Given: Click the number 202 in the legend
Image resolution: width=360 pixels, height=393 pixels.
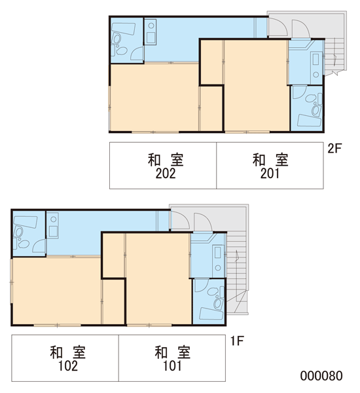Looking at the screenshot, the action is click(166, 174).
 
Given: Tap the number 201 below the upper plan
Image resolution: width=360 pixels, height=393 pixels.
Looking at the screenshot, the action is click(270, 174).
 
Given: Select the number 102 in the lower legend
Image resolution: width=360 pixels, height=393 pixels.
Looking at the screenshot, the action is click(68, 366).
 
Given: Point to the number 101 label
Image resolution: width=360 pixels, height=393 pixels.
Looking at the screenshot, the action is click(172, 366).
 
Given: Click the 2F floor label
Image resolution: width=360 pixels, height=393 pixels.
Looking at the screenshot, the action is click(334, 149).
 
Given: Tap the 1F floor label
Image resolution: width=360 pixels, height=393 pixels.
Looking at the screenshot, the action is click(237, 341).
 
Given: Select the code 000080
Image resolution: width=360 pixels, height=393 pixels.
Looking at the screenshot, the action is click(321, 376).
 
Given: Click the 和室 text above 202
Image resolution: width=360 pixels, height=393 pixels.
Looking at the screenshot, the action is click(166, 160).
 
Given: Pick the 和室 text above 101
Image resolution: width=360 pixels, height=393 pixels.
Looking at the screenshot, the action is click(172, 352).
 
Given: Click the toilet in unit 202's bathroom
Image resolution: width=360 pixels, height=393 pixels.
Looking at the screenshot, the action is click(117, 39).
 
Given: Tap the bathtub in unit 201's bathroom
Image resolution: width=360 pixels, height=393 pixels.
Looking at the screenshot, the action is click(309, 121).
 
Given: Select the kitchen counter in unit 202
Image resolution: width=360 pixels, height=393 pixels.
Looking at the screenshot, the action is click(151, 32).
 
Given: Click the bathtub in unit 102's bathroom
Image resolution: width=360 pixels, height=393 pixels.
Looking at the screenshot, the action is click(26, 222).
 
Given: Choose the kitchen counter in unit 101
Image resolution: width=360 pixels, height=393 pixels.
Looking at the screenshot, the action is click(218, 261).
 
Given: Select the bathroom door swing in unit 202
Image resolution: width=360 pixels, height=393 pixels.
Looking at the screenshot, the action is click(137, 54).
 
